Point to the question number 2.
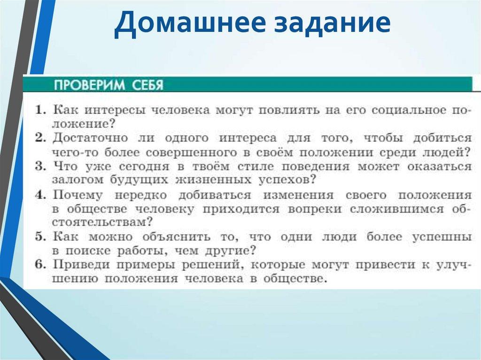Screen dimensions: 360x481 (39, 138)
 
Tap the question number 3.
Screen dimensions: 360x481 (39, 166)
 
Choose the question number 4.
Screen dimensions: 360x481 (39, 194)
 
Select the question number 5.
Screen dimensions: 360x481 (39, 237)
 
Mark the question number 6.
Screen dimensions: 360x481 (39, 264)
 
